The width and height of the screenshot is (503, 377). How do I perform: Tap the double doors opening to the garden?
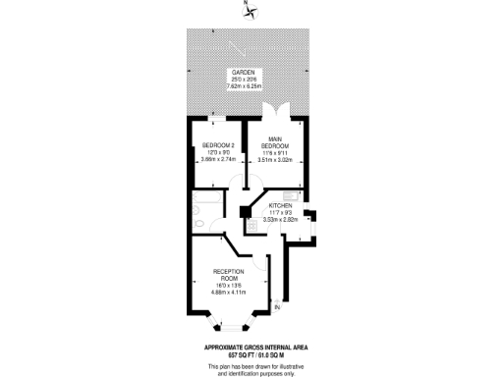click(x=279, y=111)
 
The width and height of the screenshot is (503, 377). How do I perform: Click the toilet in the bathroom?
click(x=199, y=225)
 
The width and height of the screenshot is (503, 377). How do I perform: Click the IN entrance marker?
click(x=277, y=308)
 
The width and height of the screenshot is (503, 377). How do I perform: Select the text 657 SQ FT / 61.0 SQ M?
click(x=251, y=353)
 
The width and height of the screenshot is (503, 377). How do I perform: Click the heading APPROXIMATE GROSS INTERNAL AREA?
click(x=251, y=346)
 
